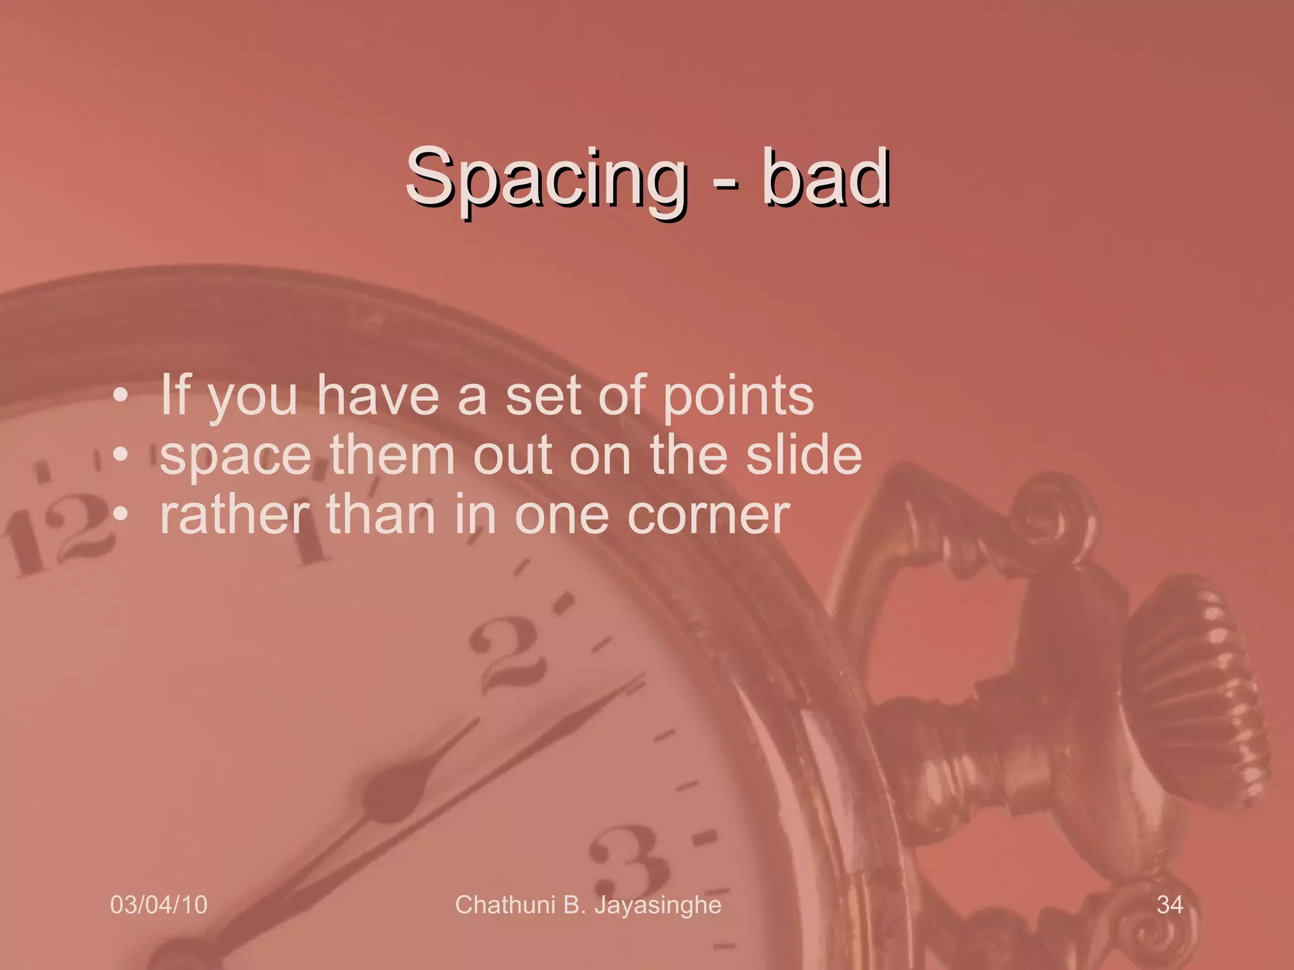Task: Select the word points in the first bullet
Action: click(x=738, y=397)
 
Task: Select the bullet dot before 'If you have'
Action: click(x=120, y=397)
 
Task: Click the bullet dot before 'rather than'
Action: click(x=120, y=514)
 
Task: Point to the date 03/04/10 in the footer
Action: click(x=159, y=904)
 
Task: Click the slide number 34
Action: click(x=1170, y=904)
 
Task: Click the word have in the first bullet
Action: click(x=377, y=396)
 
